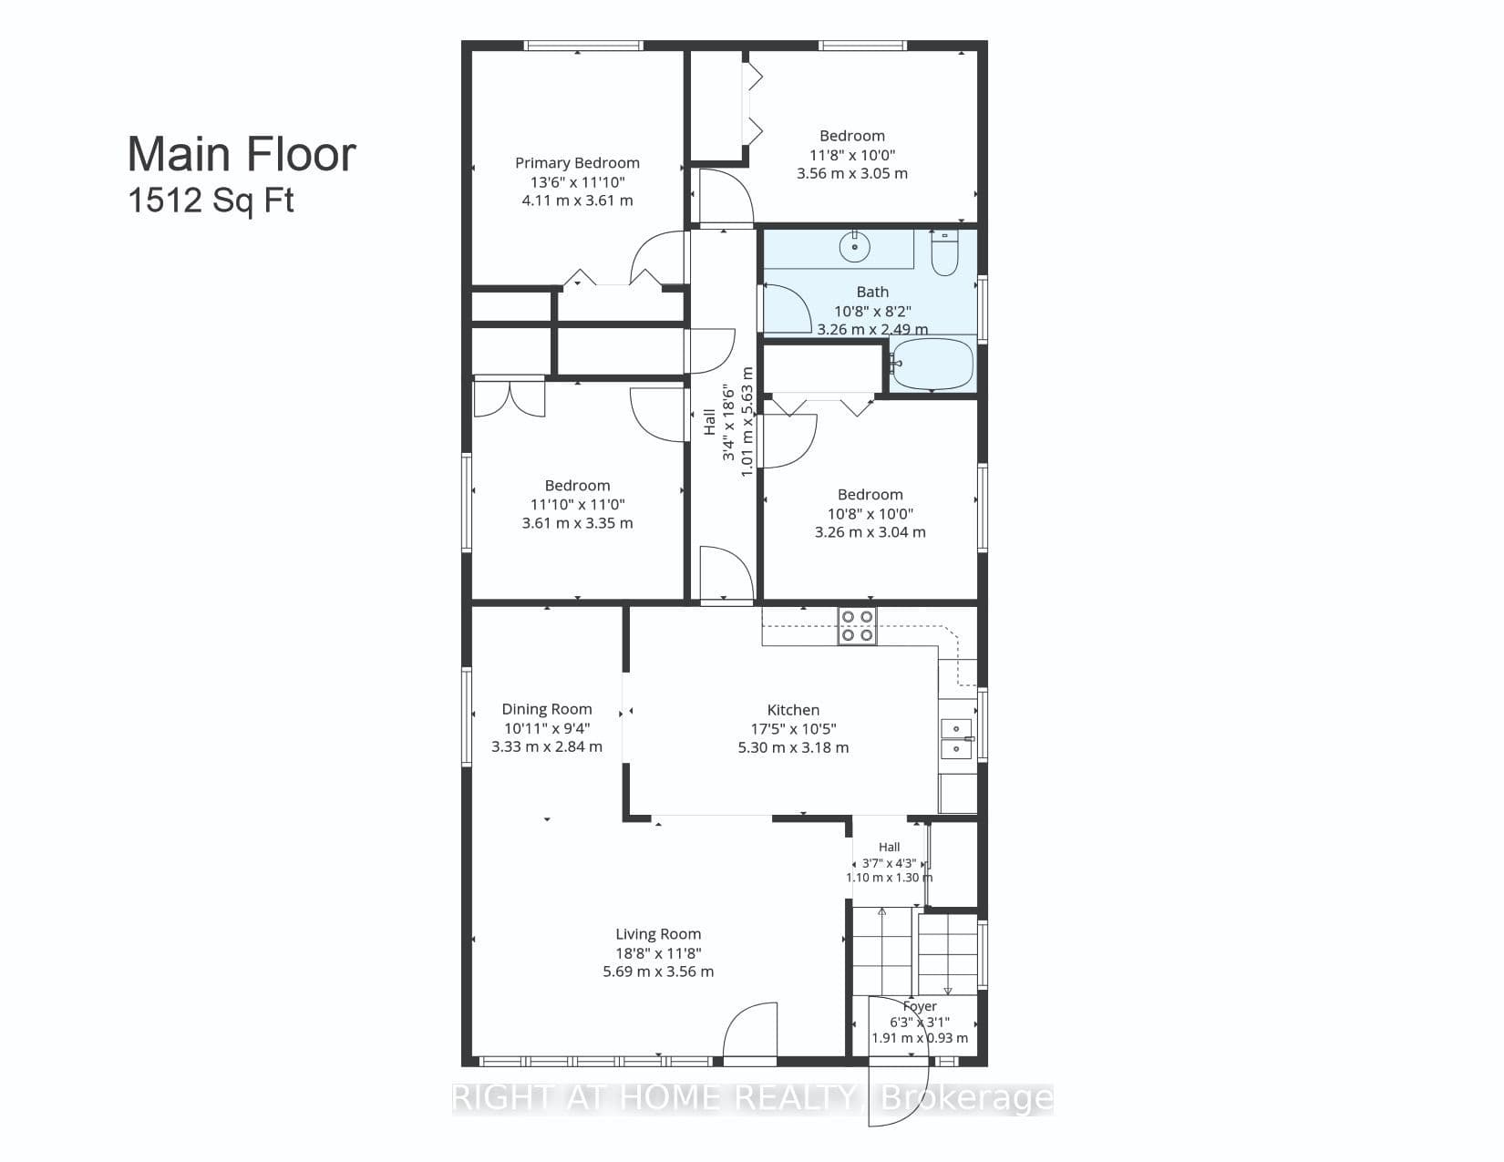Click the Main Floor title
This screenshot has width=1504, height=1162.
click(x=242, y=154)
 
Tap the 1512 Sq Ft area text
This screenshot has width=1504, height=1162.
click(x=211, y=201)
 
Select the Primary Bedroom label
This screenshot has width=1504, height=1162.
click(x=577, y=162)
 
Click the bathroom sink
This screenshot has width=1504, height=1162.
click(x=855, y=246)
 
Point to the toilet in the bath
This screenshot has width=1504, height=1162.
click(x=944, y=254)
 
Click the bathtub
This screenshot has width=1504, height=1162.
click(x=932, y=364)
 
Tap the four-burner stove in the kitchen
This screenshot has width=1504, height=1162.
click(x=857, y=625)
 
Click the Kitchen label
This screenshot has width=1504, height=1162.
click(x=793, y=709)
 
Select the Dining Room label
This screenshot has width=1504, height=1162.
click(x=547, y=709)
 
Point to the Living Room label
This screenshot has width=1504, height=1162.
click(x=658, y=933)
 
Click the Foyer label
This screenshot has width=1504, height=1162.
click(x=920, y=1006)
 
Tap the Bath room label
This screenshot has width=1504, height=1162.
click(x=872, y=292)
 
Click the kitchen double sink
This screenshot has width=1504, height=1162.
click(x=956, y=738)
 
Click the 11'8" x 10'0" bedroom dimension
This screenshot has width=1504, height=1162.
click(x=852, y=155)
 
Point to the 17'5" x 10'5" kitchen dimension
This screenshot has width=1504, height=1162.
click(x=793, y=729)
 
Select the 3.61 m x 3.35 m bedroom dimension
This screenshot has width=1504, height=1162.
click(x=577, y=523)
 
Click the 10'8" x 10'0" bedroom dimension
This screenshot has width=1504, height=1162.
click(x=870, y=514)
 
